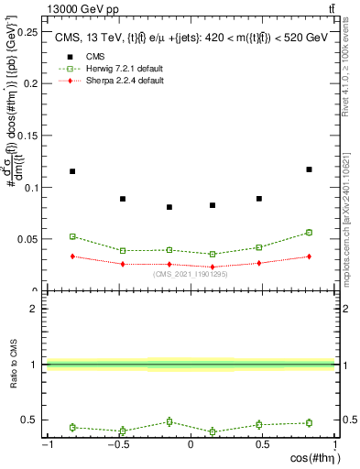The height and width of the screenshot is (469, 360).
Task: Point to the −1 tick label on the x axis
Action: (46, 443)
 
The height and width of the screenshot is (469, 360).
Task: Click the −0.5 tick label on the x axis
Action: (118, 443)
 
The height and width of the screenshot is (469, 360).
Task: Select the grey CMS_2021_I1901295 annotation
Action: (191, 274)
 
